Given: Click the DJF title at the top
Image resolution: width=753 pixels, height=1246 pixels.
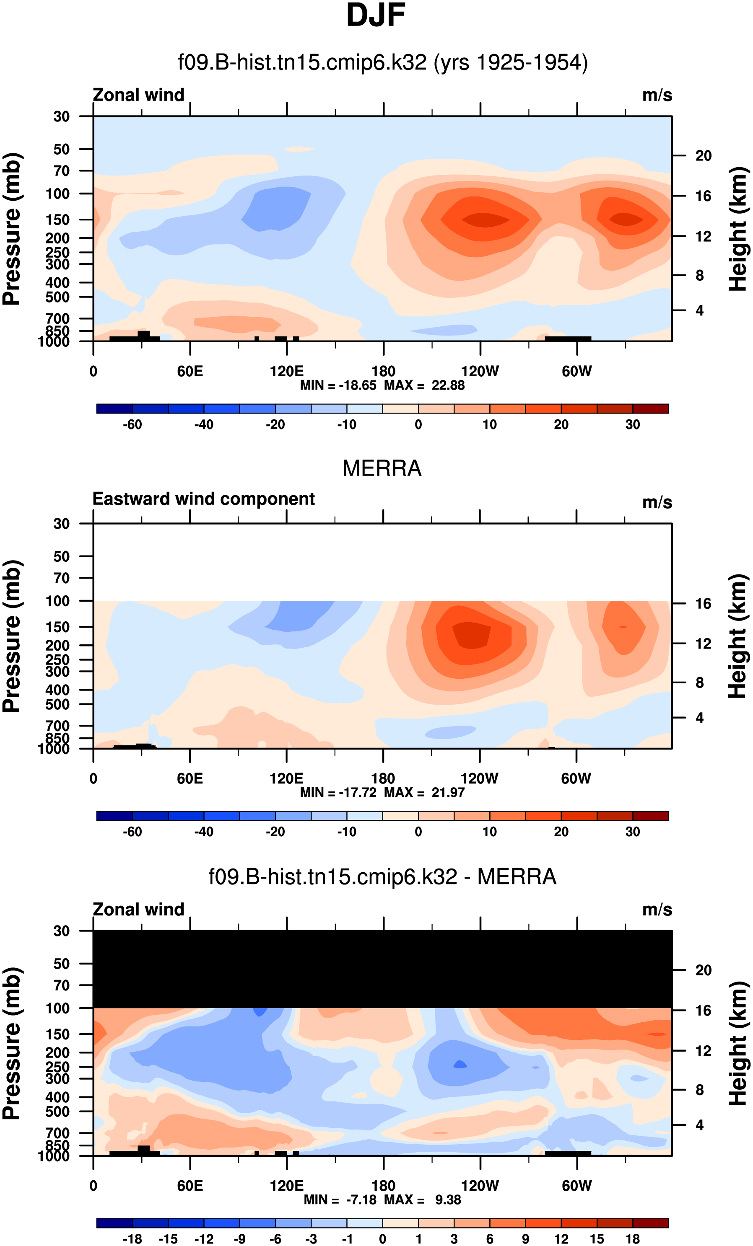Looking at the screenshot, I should pyautogui.click(x=376, y=16).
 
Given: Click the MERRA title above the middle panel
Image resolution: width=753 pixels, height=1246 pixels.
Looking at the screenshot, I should pyautogui.click(x=382, y=468).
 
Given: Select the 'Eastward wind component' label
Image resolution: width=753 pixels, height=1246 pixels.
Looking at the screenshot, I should pyautogui.click(x=203, y=499).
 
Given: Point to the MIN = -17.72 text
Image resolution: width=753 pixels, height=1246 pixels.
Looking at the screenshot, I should pyautogui.click(x=338, y=792).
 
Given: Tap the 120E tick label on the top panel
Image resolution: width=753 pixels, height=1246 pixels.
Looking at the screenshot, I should pyautogui.click(x=286, y=372).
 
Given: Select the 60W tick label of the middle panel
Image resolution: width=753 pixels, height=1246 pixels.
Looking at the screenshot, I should pyautogui.click(x=576, y=779).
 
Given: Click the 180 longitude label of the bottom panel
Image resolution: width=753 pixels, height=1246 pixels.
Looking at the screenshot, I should pyautogui.click(x=383, y=1186).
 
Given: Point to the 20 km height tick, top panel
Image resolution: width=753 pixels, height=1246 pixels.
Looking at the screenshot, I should pyautogui.click(x=703, y=156).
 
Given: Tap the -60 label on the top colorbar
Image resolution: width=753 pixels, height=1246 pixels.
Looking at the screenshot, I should pyautogui.click(x=132, y=425).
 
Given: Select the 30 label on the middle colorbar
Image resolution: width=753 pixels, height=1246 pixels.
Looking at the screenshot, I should pyautogui.click(x=633, y=832).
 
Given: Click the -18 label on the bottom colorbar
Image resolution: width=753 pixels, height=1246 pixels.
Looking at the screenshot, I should pyautogui.click(x=132, y=1239).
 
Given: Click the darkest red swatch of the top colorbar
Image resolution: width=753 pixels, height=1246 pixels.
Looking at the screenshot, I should pyautogui.click(x=650, y=408).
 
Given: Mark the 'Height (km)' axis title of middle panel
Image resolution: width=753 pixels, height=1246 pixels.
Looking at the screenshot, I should pyautogui.click(x=738, y=636).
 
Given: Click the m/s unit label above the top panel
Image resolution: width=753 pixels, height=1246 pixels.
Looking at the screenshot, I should pyautogui.click(x=657, y=95).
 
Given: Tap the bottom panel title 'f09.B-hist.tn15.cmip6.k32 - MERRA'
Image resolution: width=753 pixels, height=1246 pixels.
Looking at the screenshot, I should pyautogui.click(x=382, y=876).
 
